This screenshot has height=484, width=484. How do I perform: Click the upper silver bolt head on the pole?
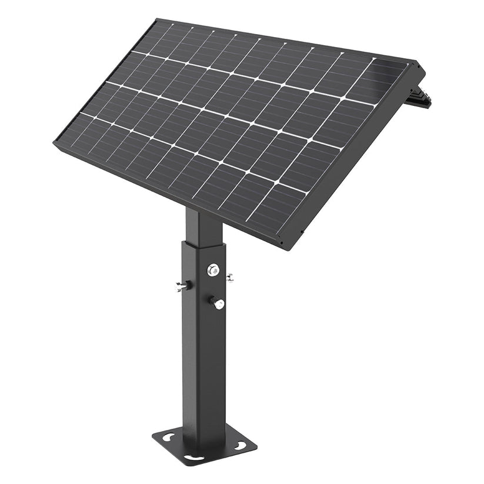(x=213, y=270)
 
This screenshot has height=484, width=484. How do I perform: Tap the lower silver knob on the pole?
(x=218, y=303)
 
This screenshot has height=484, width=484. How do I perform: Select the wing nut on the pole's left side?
(x=181, y=286)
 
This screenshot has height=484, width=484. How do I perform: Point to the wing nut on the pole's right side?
(x=229, y=277)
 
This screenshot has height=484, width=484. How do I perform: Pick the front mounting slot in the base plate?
(x=193, y=458)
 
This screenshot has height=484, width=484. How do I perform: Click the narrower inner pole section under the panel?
(x=200, y=226)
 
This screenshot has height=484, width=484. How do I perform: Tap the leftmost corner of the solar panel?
(x=55, y=141)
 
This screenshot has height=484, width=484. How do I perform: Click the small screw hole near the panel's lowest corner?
(x=282, y=241)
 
